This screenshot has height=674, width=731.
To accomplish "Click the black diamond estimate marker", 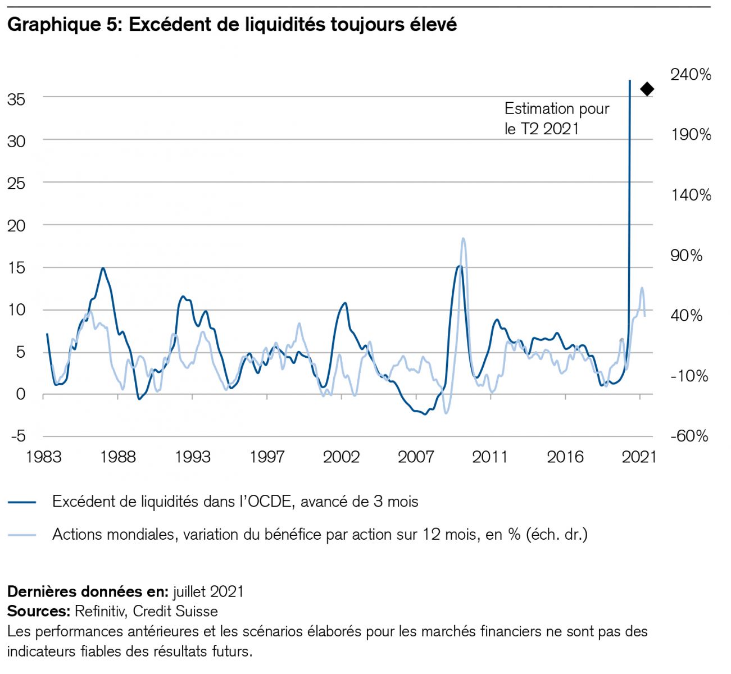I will coord(647,89).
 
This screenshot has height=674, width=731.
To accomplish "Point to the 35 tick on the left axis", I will coord(16,99).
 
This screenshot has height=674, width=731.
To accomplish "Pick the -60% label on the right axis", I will coord(689,436).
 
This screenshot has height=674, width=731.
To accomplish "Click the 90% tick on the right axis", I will coord(686,256).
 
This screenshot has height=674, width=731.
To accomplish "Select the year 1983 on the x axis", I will coord(43,457).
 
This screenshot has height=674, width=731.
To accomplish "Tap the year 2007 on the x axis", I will coord(416,457).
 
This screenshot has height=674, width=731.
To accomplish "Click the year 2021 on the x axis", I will coord(639,457).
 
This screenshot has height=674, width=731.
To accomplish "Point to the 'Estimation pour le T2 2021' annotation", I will coord(556,119).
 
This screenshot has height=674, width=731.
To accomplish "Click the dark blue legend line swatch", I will coord(22,502).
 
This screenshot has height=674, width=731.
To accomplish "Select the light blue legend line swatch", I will coord(22,534).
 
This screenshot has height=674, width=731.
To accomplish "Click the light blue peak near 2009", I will coord(463,239).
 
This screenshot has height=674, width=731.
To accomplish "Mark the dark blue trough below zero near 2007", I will coord(425,414).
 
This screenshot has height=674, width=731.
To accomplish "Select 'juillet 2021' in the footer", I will coord(208,591).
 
